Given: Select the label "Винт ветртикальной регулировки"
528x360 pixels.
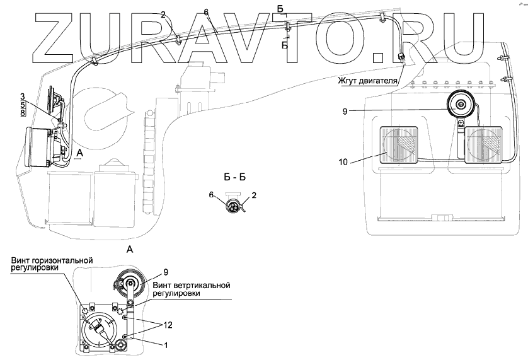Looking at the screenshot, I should (x=190, y=289).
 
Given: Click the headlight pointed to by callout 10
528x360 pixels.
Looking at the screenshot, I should (x=398, y=145).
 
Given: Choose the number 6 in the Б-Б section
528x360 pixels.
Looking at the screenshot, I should (x=212, y=197).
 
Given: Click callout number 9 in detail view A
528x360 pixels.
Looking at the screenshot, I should (x=166, y=272).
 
